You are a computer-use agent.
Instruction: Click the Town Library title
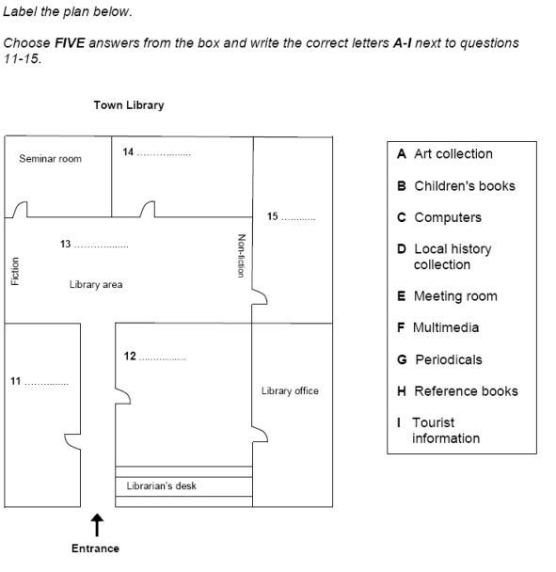point(128,105)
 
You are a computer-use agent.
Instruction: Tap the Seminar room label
point(50,159)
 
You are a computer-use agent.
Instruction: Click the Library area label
point(95,284)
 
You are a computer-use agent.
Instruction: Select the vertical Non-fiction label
point(242,255)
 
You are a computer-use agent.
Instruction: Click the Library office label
point(290,390)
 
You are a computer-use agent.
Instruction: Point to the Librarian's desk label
point(162,486)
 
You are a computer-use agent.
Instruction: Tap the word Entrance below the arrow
point(95,548)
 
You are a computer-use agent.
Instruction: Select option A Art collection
point(444,154)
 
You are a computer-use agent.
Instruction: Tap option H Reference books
point(457,391)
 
